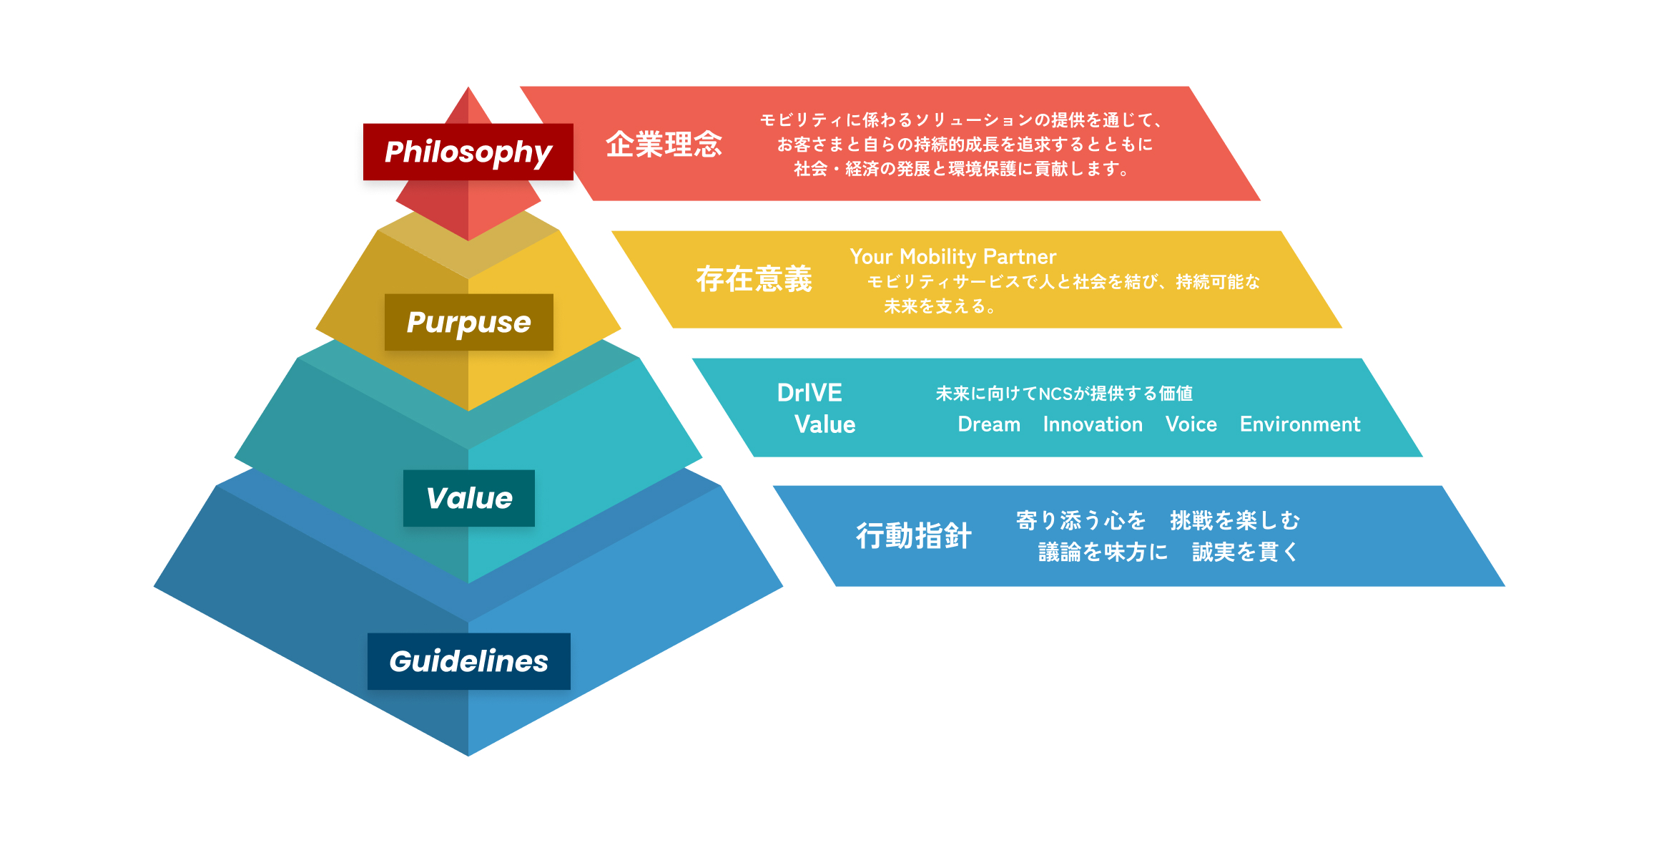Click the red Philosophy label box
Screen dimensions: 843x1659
click(468, 152)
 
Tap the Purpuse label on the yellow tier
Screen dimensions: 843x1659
click(468, 322)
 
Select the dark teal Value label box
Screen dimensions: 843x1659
click(468, 498)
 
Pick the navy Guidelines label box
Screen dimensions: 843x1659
click(468, 661)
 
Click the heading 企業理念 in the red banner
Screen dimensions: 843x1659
click(664, 145)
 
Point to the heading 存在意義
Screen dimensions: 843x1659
click(754, 279)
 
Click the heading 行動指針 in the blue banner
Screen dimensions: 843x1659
click(913, 536)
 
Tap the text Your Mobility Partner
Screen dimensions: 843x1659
click(952, 256)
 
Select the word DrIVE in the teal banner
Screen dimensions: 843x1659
click(809, 393)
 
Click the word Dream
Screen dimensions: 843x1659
click(989, 424)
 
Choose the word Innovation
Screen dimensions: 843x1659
click(1093, 424)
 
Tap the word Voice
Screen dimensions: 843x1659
click(1191, 424)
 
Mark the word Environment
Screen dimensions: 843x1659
click(1299, 424)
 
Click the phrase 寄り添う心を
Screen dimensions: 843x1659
click(1080, 520)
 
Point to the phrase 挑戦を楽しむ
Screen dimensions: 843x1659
click(1235, 520)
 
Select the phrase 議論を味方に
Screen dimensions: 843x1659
click(1103, 552)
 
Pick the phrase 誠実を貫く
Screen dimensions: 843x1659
click(1245, 552)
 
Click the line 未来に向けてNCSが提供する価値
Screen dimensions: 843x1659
click(1064, 394)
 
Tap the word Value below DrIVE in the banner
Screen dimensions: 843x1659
click(824, 424)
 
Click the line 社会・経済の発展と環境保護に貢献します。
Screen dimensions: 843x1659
click(963, 169)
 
